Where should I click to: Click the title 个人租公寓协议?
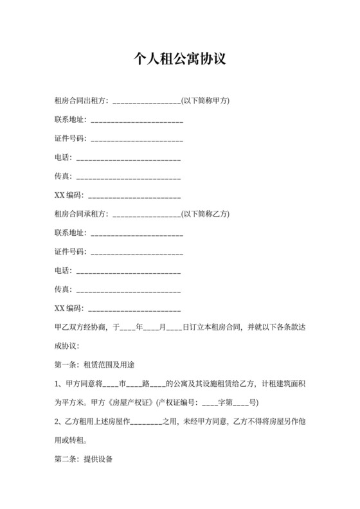(x=179, y=59)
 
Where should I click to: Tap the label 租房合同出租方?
(x=82, y=101)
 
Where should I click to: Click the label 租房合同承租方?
(x=82, y=213)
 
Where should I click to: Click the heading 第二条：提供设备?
(x=82, y=460)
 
